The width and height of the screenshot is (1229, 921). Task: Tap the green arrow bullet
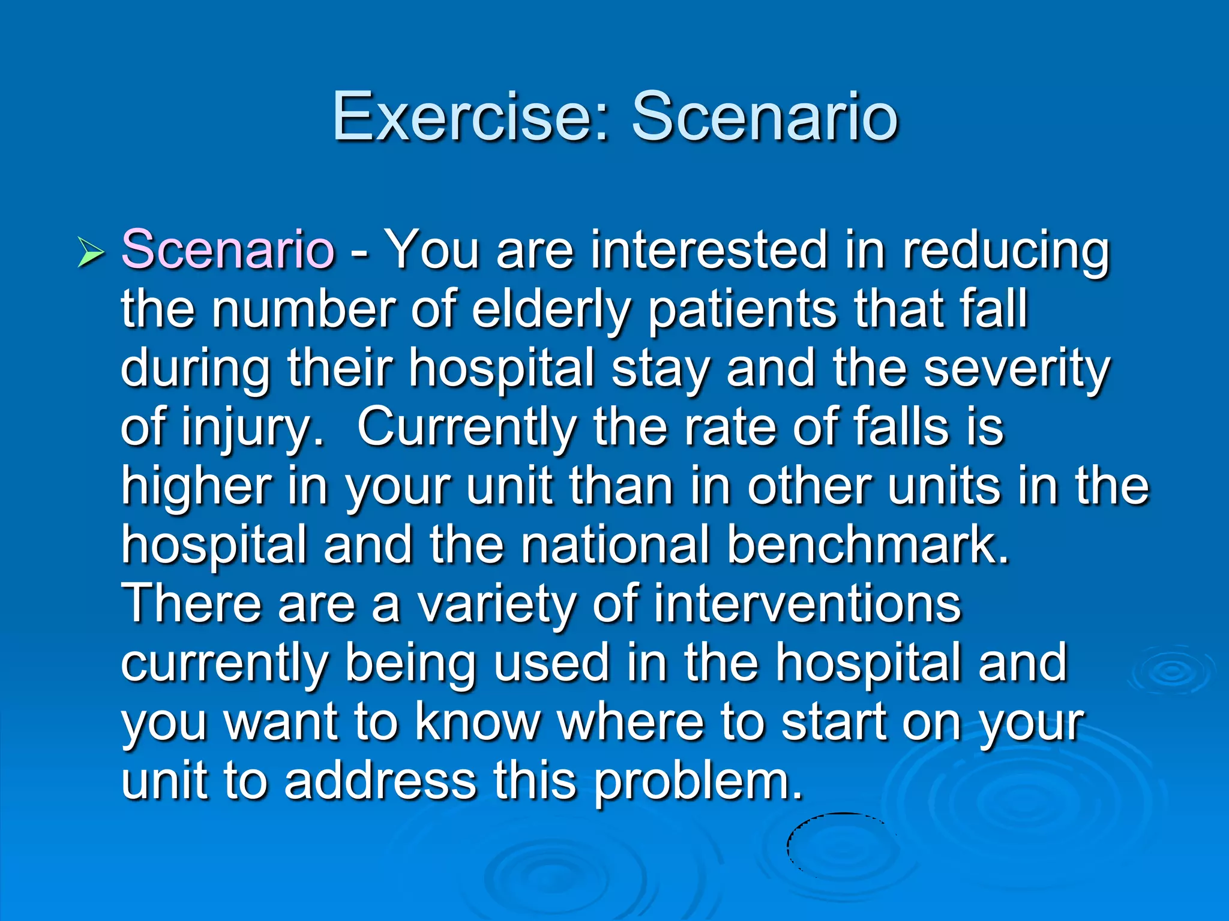pyautogui.click(x=91, y=252)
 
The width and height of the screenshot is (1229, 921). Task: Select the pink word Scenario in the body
pyautogui.click(x=227, y=249)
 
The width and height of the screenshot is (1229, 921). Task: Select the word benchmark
pyautogui.click(x=868, y=544)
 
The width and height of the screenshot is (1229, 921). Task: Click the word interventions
pyautogui.click(x=807, y=603)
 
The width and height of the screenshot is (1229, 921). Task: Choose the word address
pyautogui.click(x=380, y=781)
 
